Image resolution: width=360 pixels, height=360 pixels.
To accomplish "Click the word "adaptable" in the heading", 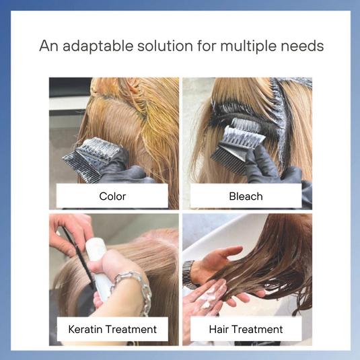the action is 98,46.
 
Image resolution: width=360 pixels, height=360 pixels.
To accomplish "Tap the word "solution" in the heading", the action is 165,46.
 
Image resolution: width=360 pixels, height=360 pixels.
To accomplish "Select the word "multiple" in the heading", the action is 249,46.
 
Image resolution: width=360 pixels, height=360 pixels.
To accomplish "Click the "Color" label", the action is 112,196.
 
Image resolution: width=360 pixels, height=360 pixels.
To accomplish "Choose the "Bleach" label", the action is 246,196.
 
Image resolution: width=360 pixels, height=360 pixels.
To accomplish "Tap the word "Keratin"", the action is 85,329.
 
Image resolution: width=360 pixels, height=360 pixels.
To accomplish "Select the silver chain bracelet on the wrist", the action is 135,289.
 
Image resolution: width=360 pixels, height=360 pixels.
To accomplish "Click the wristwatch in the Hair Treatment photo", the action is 188,275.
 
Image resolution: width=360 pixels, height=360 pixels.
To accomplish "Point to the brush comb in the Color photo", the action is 91,158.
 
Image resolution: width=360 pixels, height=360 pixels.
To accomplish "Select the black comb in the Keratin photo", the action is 78,257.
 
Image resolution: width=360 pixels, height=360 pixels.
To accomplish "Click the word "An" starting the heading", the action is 48,46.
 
